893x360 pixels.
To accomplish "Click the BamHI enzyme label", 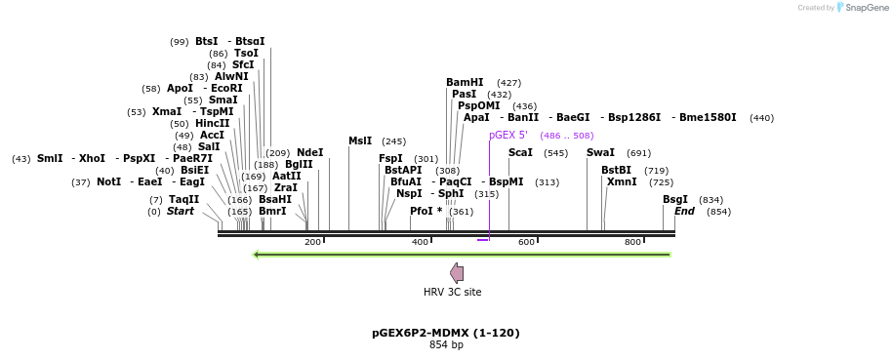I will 465,83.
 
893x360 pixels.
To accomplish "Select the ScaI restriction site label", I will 520,153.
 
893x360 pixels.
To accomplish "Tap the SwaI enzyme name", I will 600,153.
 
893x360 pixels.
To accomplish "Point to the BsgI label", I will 675,199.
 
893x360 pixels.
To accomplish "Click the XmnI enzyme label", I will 621,182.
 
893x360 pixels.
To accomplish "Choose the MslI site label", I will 360,141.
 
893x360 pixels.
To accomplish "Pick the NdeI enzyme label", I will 309,153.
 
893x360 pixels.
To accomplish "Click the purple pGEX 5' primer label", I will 508,136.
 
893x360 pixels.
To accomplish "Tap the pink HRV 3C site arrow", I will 457,273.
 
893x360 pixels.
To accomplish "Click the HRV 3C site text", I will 452,292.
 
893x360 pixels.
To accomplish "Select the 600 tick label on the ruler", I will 526,242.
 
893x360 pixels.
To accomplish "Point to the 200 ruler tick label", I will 312,242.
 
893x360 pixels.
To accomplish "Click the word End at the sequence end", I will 684,212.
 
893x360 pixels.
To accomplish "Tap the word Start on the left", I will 181,212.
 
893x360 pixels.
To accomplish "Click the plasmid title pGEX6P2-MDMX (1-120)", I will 446,333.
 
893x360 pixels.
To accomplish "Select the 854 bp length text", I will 446,344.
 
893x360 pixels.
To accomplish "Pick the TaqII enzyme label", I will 183,199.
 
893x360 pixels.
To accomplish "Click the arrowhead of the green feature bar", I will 256,255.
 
